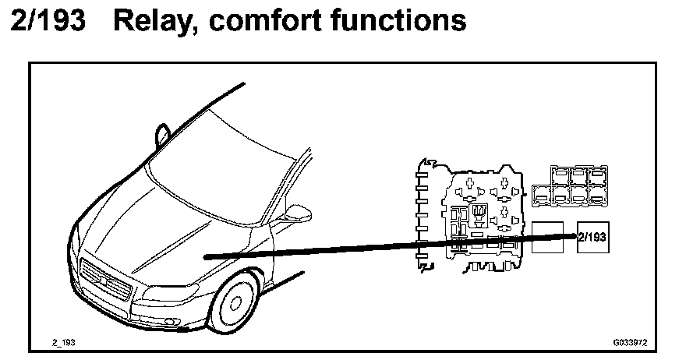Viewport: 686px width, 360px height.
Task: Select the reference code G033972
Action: (631, 342)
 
